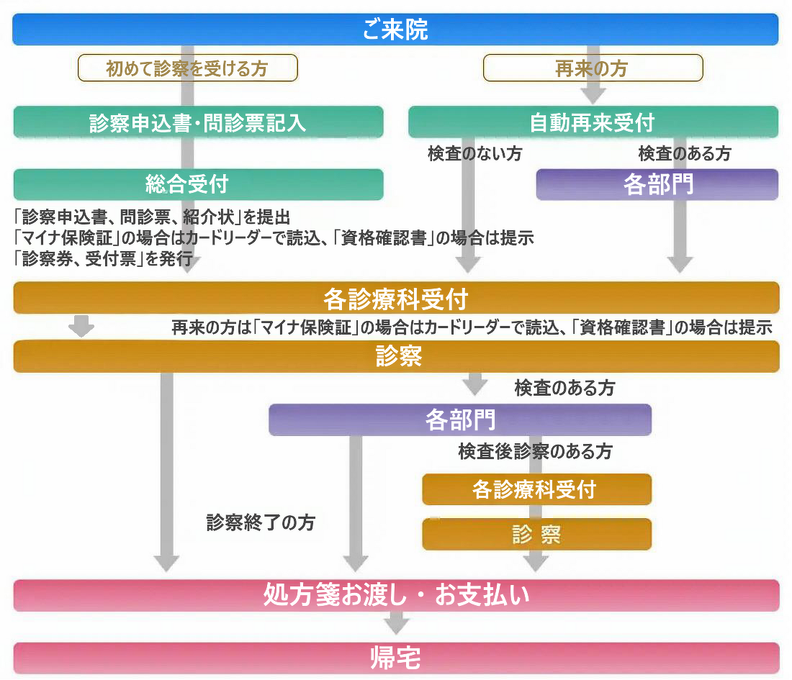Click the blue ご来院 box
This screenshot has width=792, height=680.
pyautogui.click(x=395, y=30)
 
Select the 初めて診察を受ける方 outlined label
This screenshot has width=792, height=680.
pyautogui.click(x=187, y=68)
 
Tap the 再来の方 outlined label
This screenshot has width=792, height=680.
pyautogui.click(x=592, y=68)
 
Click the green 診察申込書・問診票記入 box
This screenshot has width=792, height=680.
pyautogui.click(x=198, y=122)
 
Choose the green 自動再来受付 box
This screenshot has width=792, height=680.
pyautogui.click(x=593, y=122)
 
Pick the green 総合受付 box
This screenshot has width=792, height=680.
pyautogui.click(x=198, y=184)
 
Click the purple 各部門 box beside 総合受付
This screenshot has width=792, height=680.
pyautogui.click(x=657, y=184)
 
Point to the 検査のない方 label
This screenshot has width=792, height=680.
pyautogui.click(x=475, y=153)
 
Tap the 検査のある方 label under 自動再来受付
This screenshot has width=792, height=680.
pyautogui.click(x=685, y=153)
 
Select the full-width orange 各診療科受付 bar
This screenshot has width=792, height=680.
pyautogui.click(x=395, y=297)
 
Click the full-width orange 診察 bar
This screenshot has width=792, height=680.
pyautogui.click(x=395, y=356)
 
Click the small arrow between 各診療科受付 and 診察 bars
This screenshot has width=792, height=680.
pyautogui.click(x=82, y=326)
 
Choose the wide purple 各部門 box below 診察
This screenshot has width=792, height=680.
pyautogui.click(x=460, y=420)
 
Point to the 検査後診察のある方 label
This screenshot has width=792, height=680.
pyautogui.click(x=535, y=451)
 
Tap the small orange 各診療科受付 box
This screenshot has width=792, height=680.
pyautogui.click(x=536, y=489)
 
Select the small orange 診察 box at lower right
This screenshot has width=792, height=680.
pyautogui.click(x=536, y=534)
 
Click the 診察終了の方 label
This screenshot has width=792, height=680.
pyautogui.click(x=261, y=523)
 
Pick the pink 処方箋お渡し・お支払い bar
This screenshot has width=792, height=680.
pyautogui.click(x=395, y=595)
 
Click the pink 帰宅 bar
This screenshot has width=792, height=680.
pyautogui.click(x=395, y=658)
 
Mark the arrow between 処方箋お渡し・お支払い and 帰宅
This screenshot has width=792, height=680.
pyautogui.click(x=395, y=622)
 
